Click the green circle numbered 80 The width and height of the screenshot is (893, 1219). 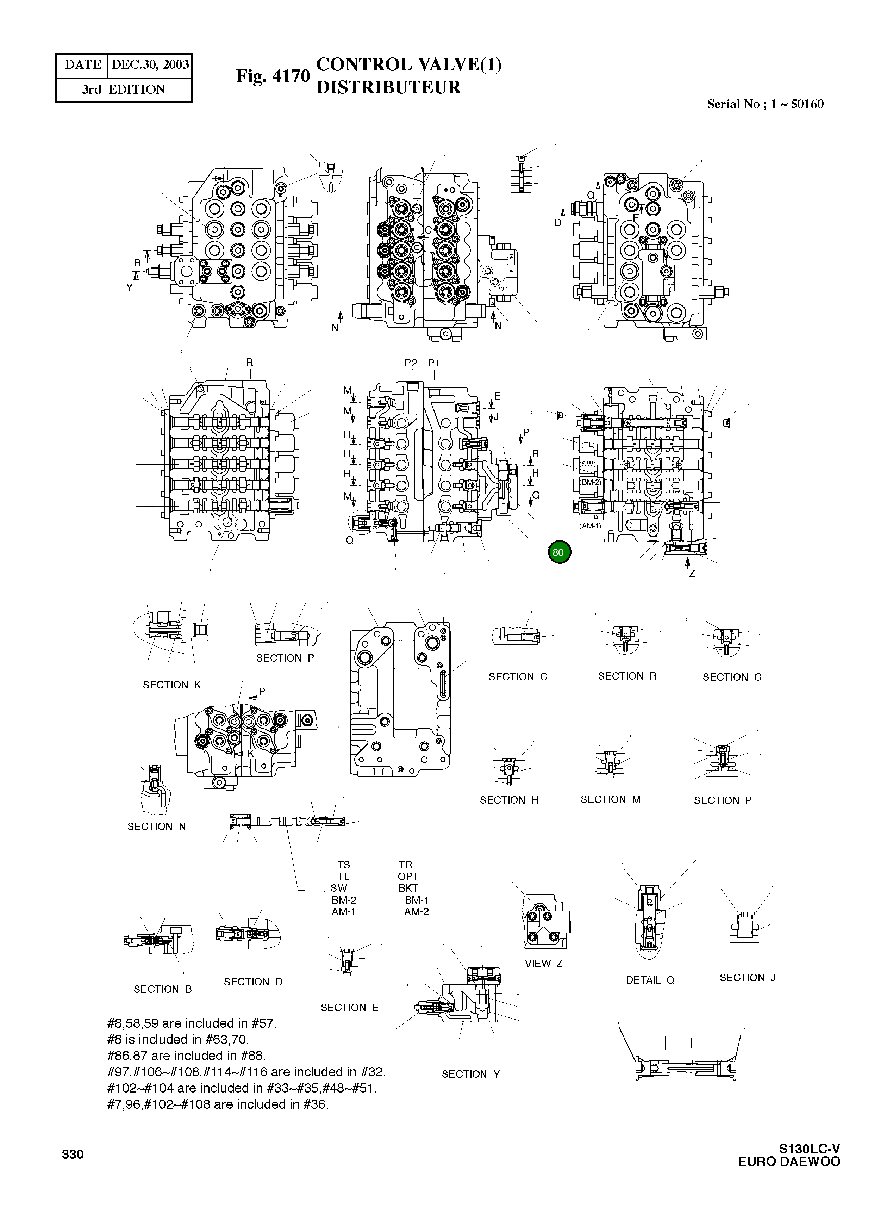click(559, 552)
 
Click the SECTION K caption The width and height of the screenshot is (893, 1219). click(171, 685)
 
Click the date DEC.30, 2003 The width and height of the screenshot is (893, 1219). click(150, 65)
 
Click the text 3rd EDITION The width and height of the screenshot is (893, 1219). click(123, 90)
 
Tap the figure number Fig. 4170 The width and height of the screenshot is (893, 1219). click(273, 76)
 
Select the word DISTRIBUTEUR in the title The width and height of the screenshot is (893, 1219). click(388, 88)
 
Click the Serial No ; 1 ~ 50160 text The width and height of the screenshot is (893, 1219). click(765, 104)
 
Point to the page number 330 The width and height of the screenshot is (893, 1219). click(73, 1155)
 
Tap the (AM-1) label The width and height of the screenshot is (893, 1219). click(590, 525)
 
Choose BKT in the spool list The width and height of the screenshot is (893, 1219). click(408, 888)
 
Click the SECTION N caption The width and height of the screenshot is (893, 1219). click(156, 827)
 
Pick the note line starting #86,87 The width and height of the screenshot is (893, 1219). click(187, 1056)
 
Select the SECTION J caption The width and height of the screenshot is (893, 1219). click(747, 977)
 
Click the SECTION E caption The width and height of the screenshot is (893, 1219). click(349, 1008)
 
